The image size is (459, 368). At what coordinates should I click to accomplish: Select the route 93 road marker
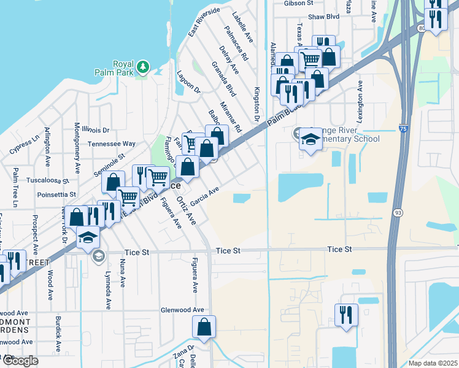397,212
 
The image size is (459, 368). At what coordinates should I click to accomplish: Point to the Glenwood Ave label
183,310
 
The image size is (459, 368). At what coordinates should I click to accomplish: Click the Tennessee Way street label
111,144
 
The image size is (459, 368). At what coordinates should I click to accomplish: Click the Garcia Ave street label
204,196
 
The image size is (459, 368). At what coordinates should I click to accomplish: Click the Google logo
20,361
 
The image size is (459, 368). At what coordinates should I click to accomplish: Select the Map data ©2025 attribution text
433,363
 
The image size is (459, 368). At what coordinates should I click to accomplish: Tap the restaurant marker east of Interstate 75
346,315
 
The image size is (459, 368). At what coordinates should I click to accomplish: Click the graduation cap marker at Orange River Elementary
310,139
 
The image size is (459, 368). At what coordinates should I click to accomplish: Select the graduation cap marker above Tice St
88,237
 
